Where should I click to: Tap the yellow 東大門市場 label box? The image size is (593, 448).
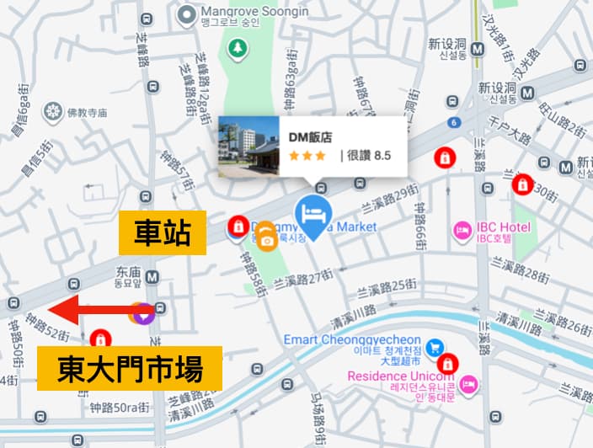click(x=129, y=370)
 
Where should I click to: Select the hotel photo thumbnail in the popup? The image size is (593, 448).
click(x=248, y=146)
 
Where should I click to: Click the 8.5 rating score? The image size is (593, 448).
click(x=382, y=156)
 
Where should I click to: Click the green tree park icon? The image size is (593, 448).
click(x=238, y=50)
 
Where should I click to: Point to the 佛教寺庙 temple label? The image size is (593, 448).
click(x=88, y=112)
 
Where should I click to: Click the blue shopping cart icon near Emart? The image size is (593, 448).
click(x=435, y=346)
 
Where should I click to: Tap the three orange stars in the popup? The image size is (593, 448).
click(x=307, y=156)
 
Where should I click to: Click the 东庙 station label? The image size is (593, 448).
click(x=129, y=274)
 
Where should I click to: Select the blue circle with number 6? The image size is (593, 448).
click(x=454, y=123)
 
